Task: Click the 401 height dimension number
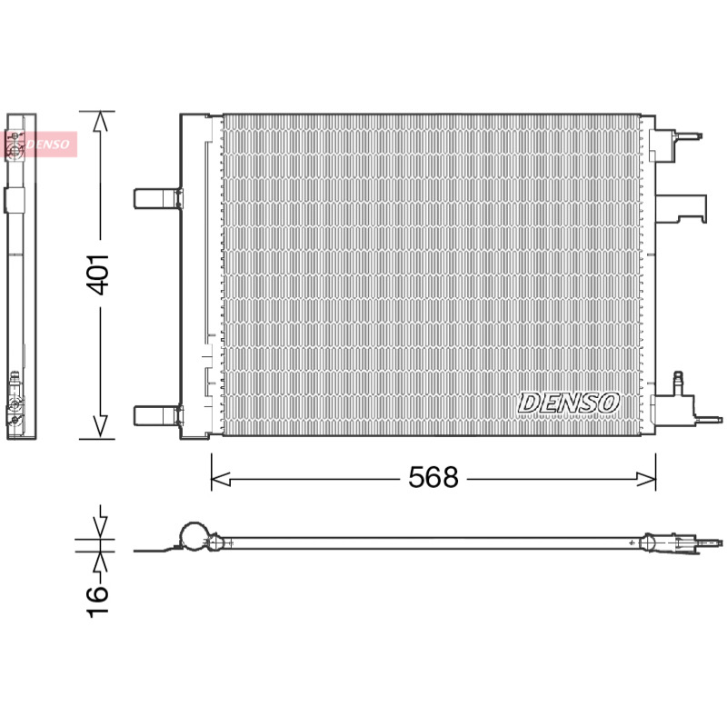(x=98, y=275)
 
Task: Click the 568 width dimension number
(x=433, y=477)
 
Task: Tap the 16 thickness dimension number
(x=98, y=602)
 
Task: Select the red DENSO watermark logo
(x=41, y=144)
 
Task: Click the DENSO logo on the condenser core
(x=569, y=403)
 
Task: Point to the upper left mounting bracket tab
(x=157, y=198)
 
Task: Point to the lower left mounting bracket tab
(x=157, y=415)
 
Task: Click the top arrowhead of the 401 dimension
(x=100, y=121)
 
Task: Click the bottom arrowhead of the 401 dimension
(x=100, y=426)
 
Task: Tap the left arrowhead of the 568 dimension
(x=221, y=480)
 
